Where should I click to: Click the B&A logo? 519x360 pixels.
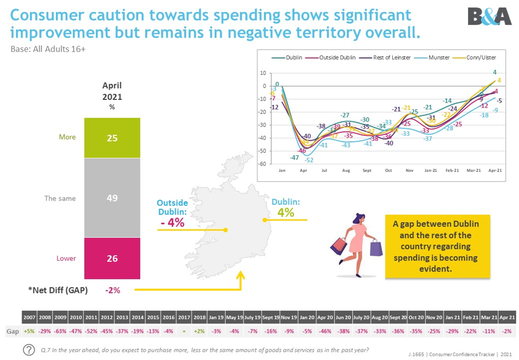coord(489,17)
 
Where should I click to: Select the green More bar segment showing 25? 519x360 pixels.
coord(112,138)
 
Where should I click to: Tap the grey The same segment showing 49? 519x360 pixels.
coord(112,197)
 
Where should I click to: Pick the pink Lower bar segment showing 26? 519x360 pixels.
coord(112,258)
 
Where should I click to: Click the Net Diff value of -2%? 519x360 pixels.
coord(112,290)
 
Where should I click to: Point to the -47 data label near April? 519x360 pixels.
coord(294,158)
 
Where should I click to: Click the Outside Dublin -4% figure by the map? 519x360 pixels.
coord(173,222)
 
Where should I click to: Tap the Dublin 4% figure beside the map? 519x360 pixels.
coord(286,212)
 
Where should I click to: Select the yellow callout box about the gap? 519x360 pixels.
coord(438,246)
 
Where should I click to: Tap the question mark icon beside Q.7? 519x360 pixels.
coord(29,349)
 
